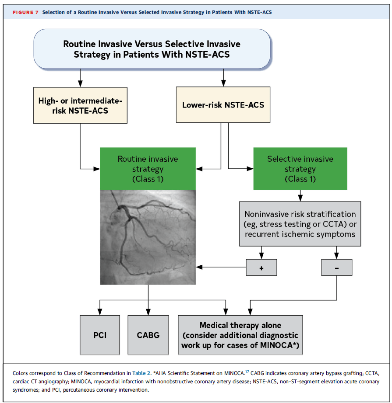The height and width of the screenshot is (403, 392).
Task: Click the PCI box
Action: (100, 335)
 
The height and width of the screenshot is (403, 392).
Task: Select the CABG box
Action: (148, 335)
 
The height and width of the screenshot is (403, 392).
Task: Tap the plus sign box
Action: (261, 267)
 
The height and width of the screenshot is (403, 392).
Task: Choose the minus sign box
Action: (336, 267)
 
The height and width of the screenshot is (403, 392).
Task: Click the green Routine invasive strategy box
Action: (148, 169)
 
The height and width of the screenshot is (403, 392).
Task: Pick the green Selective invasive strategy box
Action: (300, 169)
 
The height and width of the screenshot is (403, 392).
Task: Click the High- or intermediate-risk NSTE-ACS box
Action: (80, 105)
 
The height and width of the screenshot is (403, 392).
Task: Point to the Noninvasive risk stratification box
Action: (300, 224)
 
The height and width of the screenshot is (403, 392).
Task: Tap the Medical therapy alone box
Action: (240, 335)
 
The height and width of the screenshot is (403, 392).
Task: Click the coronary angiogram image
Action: (148, 238)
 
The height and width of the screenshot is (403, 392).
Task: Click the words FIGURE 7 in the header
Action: (25, 12)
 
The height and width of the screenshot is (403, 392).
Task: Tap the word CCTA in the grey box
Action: (334, 224)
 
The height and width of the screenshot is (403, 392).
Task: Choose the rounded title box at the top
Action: (152, 49)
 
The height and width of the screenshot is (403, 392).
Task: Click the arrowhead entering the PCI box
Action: (100, 311)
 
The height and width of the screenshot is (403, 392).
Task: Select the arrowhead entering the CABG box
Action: (148, 311)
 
